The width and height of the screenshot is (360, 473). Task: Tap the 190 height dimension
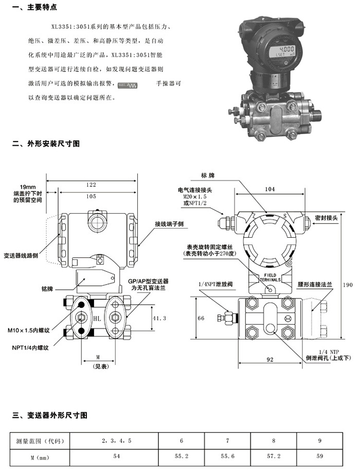pos(349,284)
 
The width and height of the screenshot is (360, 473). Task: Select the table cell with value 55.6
pos(228,456)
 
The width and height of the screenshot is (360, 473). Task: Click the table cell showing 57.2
pos(274,456)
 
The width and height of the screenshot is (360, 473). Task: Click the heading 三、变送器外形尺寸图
pos(49,414)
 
